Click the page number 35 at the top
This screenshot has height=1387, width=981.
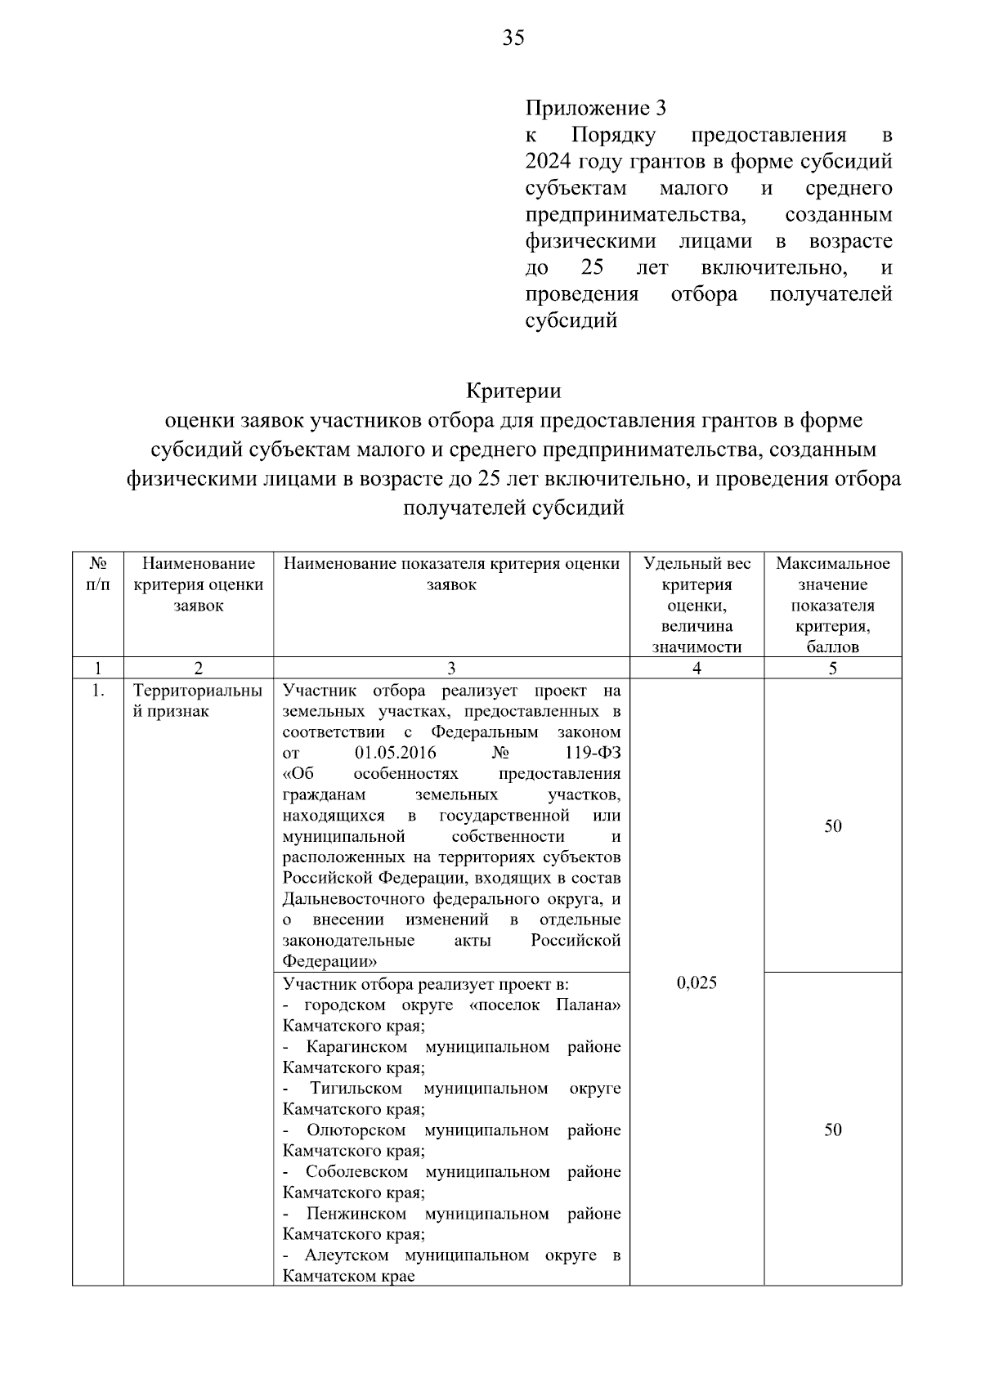coord(513,38)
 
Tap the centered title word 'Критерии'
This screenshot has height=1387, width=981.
coord(513,391)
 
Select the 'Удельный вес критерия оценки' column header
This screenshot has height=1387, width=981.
coord(697,605)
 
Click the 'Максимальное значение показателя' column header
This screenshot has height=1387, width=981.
coord(832,605)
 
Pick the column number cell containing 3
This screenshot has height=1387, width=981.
coord(451,668)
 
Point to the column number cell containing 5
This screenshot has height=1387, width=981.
coord(832,668)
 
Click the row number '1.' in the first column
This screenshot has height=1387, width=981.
coord(98,691)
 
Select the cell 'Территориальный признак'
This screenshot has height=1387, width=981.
coord(198,700)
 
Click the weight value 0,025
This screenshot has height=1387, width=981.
coord(697,983)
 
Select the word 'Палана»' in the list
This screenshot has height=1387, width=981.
coord(588,1004)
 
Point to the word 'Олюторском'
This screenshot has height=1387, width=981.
coord(356,1130)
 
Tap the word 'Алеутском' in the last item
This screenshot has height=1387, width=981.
coord(347,1255)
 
